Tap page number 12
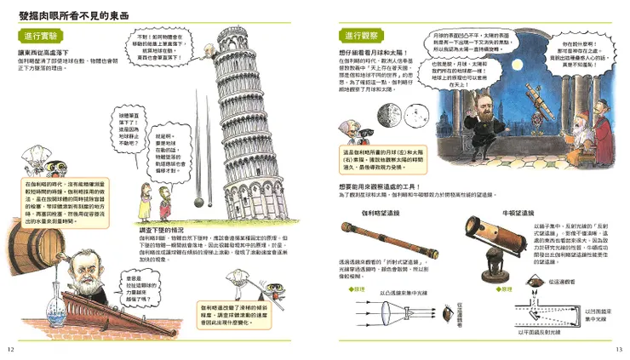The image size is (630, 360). pos(10,350)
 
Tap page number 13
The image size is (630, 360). pos(619,350)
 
